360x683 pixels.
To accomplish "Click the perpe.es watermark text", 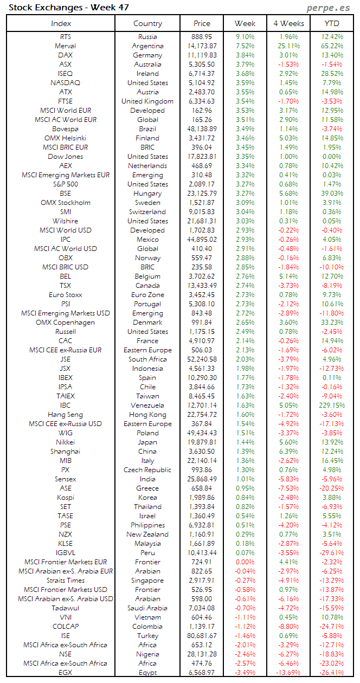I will (329, 8).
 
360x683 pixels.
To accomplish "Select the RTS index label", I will (65, 37).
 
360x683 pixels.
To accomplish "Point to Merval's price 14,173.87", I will (201, 46).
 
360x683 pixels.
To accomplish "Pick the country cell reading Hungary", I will (147, 194).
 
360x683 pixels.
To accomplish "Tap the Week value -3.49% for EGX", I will (245, 673).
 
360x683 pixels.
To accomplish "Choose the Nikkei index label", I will (65, 442).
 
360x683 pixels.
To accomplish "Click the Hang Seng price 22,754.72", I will (201, 415).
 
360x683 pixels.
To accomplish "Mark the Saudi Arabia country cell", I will (147, 608).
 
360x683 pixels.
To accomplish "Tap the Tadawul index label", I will (65, 608).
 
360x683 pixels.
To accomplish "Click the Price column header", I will (202, 23).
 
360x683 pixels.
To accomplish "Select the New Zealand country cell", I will (147, 534).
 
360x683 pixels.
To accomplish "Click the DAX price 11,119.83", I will (201, 55).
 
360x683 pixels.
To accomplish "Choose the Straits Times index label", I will (65, 581).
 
